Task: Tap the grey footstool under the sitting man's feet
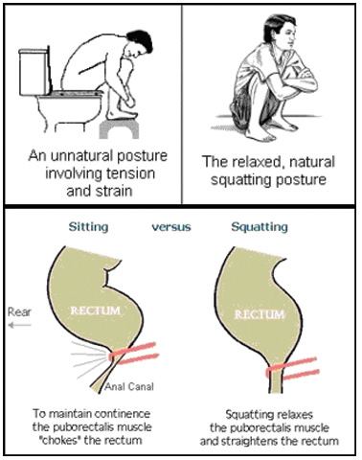point(119,129)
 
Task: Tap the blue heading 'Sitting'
point(89,227)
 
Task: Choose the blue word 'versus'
point(171,227)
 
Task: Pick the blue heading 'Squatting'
point(260,227)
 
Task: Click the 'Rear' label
point(19,311)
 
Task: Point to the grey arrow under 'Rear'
point(19,326)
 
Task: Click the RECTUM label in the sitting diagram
point(95,310)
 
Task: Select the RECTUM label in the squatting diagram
point(260,314)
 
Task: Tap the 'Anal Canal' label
point(129,387)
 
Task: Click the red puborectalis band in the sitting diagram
point(134,354)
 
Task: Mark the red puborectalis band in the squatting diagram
point(292,370)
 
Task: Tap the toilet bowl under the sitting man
point(68,110)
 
